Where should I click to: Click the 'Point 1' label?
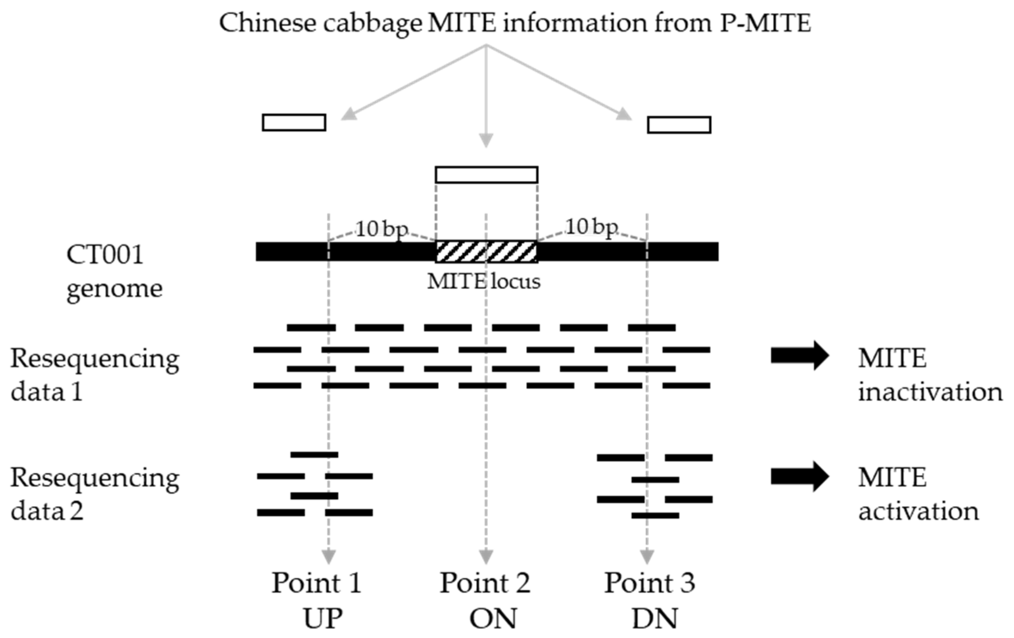coord(316,583)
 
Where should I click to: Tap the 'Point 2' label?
coord(485,583)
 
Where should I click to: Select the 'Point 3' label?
coord(650,583)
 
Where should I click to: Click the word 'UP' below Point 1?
coord(323,619)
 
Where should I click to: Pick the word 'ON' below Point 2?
coord(493,619)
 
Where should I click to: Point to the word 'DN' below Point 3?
coord(655,619)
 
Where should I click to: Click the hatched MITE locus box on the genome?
coord(487,252)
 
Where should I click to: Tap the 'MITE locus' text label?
coord(484,281)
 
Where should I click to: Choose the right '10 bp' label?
coord(591,227)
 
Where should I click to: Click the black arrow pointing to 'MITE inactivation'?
coord(800,356)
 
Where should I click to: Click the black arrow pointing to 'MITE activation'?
coord(800,476)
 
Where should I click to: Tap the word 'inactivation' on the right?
coord(930,392)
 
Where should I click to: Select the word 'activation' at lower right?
coord(918,512)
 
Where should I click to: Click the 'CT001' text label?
coord(105,255)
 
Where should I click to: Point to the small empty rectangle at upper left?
coord(294,123)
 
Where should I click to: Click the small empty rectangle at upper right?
coord(679,125)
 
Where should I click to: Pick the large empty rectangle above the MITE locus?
coord(487,174)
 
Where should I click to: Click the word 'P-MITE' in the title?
coord(765,23)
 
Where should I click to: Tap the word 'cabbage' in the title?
coord(373,23)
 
